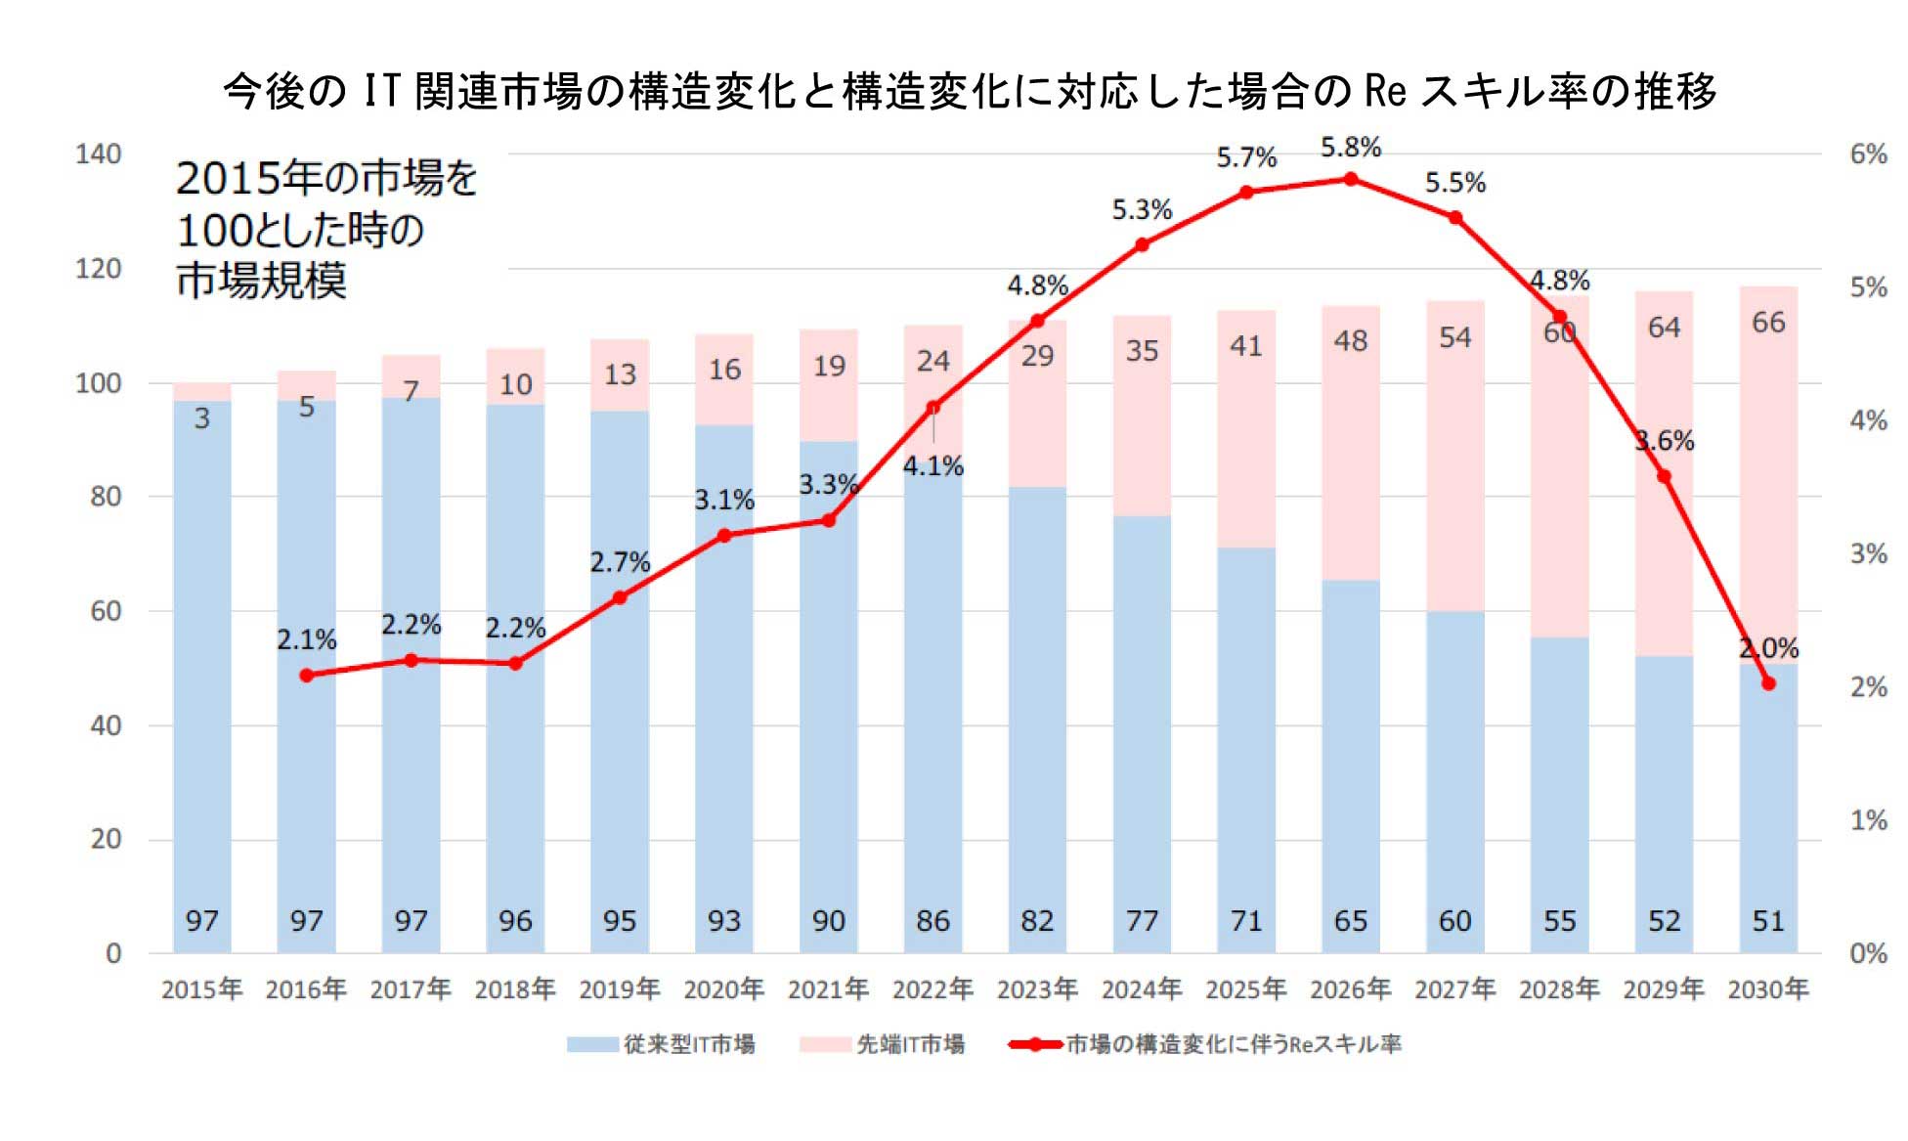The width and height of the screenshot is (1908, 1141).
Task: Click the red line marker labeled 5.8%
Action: (1350, 179)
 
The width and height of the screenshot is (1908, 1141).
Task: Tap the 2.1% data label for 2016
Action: (306, 640)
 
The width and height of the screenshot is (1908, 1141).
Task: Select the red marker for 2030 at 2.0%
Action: (1767, 683)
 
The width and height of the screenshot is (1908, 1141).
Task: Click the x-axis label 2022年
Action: (932, 989)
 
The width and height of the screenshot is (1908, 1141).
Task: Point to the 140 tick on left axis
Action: (98, 154)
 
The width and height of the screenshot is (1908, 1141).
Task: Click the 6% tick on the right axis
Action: (1867, 154)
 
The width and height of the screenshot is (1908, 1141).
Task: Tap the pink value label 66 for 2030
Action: (1768, 323)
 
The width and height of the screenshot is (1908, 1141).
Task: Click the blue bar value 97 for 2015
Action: (201, 921)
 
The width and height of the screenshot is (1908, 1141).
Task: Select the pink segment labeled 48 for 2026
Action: (1350, 341)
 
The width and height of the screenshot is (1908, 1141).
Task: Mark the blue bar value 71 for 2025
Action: (1245, 921)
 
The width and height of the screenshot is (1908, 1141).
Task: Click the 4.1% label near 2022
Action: (932, 466)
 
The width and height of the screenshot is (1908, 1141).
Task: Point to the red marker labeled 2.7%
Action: (619, 597)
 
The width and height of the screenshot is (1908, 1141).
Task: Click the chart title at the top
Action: (968, 91)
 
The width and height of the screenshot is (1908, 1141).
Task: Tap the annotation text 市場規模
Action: (261, 281)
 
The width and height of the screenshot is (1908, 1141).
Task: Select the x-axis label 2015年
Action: (201, 989)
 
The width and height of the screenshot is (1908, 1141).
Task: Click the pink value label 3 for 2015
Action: (201, 418)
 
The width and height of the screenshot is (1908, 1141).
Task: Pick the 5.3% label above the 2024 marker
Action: (1141, 210)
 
